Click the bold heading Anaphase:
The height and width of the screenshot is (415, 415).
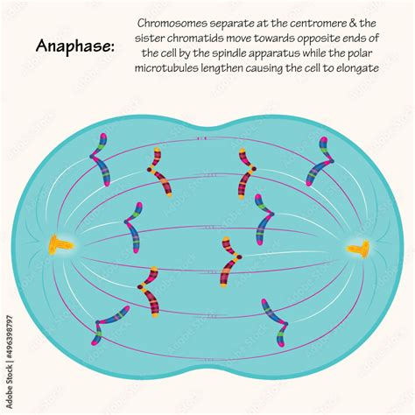coord(75,46)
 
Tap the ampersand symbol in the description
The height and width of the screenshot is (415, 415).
coord(353,23)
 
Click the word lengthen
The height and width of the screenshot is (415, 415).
coord(222,69)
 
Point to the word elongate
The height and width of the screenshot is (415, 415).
coord(357,69)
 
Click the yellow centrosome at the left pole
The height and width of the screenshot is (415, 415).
coord(60,244)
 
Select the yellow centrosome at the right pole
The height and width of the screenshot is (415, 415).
coord(359,249)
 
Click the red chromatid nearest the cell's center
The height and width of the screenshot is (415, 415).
coord(230,262)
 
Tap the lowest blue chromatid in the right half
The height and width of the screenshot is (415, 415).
coord(276,322)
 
